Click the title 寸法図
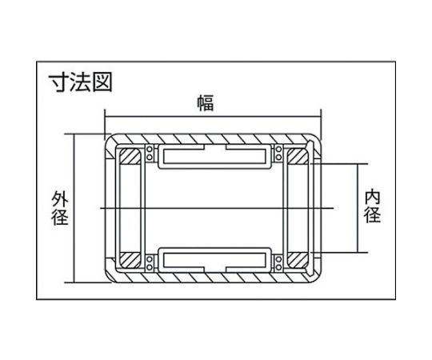tap(81, 82)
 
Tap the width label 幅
tap(206, 103)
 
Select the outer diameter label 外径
tap(60, 209)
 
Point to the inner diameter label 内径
tap(372, 206)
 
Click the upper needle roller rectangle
tap(214, 156)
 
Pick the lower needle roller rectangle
tap(214, 260)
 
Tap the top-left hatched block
tap(130, 156)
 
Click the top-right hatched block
tap(298, 156)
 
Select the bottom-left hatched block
tap(130, 260)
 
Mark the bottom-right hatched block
tap(298, 260)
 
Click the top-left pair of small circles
tap(150, 153)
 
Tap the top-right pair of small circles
tap(278, 153)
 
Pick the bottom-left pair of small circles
tap(150, 263)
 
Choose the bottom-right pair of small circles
tap(278, 263)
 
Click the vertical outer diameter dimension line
tap(74, 208)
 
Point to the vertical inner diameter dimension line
tap(358, 208)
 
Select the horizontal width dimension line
tap(213, 117)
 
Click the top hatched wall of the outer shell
tap(214, 139)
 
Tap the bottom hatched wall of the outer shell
tap(214, 278)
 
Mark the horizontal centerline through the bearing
tap(217, 208)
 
